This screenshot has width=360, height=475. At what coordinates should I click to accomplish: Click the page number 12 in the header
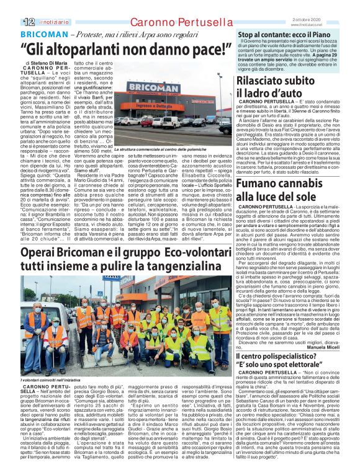pos(11,6)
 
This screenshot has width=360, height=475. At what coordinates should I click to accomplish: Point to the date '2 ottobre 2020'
pos(335,4)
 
